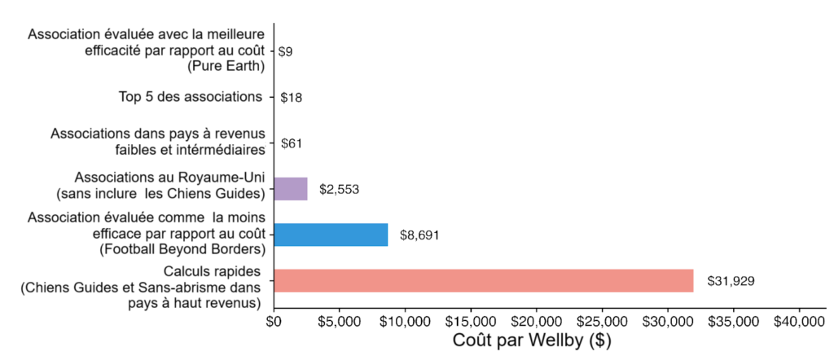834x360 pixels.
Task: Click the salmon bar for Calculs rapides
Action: pos(484,280)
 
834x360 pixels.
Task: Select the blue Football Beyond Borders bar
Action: pos(331,235)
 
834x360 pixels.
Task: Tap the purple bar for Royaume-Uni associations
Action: pos(291,189)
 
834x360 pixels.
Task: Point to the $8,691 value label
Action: pos(419,235)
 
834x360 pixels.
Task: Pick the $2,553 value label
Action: pos(340,190)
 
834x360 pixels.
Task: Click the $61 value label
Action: pos(292,143)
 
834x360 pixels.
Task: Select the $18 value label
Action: pos(292,98)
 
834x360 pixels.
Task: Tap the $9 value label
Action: pos(286,51)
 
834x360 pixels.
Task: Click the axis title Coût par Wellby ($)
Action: pos(533,338)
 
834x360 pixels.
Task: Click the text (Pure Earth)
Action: pos(225,66)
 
